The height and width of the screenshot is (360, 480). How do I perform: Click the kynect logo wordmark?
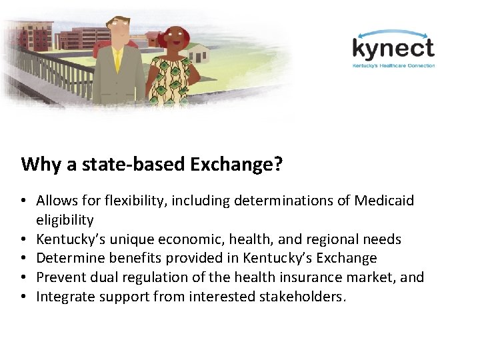(393, 49)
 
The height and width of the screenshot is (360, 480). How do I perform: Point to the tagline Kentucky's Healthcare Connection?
(393, 65)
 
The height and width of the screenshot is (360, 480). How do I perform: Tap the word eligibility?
(65, 219)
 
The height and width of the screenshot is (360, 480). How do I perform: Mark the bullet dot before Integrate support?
(24, 297)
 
